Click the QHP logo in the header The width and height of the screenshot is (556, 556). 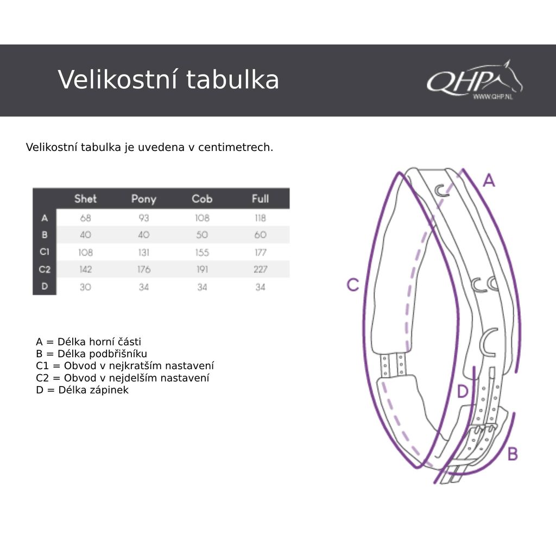[x=474, y=80]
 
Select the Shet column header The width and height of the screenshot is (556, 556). [x=85, y=199]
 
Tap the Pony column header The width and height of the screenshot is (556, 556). [x=143, y=199]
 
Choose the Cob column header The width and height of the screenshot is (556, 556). [x=202, y=199]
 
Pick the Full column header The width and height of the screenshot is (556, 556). [x=260, y=199]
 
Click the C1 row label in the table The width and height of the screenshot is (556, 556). [x=45, y=252]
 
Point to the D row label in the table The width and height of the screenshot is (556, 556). [x=45, y=287]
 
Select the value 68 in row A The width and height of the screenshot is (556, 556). [x=85, y=218]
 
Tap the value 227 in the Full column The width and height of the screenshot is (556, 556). [x=260, y=269]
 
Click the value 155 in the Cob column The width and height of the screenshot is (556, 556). [x=202, y=252]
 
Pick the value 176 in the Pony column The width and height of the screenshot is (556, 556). [x=143, y=269]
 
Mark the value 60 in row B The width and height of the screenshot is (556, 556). [x=260, y=235]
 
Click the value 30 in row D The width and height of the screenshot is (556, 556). [x=85, y=287]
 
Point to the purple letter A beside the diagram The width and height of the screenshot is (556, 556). [x=489, y=181]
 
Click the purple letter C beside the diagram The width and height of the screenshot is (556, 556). [x=353, y=285]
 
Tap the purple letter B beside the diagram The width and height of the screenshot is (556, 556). [x=512, y=454]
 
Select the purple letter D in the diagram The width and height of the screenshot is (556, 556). [x=462, y=391]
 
